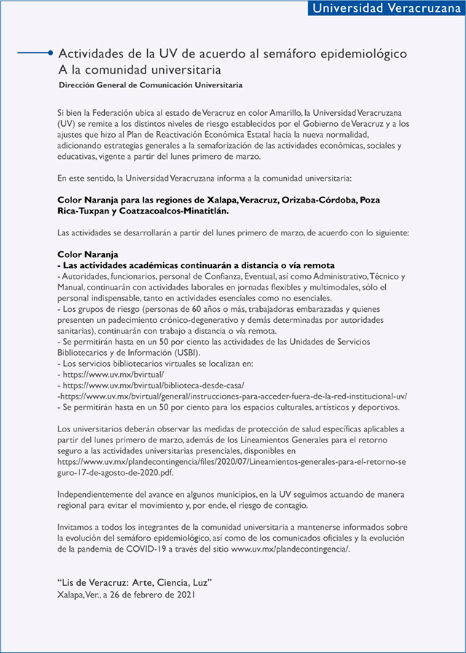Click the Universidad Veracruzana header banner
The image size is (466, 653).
click(x=382, y=9)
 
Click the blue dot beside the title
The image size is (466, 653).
click(x=49, y=53)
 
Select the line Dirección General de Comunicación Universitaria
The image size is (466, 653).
click(x=151, y=85)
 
